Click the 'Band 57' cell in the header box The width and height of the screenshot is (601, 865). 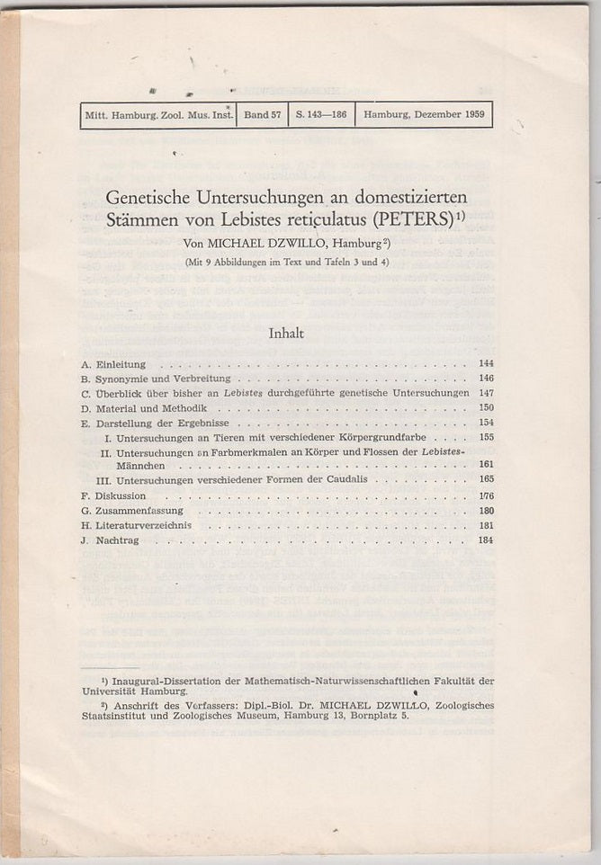point(262,115)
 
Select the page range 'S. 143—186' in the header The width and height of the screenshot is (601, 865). point(321,115)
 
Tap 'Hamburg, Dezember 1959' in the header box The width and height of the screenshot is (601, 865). point(423,115)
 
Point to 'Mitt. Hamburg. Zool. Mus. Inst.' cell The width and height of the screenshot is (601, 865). point(158,115)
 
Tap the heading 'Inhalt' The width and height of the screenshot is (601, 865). point(286,334)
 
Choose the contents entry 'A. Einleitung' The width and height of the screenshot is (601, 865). point(113,365)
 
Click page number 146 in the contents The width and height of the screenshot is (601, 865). point(486,379)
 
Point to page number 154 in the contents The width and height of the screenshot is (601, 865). point(486,423)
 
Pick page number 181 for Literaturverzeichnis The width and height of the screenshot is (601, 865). point(486,525)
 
